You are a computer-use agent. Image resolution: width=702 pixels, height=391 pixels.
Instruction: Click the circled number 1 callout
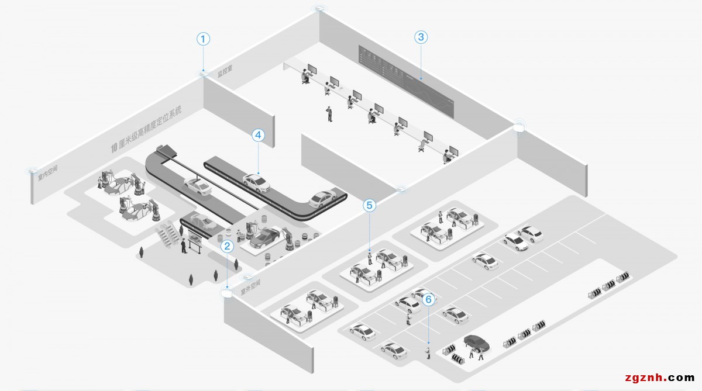203,39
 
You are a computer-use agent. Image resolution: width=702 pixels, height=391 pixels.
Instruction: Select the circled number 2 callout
228,247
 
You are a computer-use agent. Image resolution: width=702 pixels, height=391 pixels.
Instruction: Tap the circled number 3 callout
421,37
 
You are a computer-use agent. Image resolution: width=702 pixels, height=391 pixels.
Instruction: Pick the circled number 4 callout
258,135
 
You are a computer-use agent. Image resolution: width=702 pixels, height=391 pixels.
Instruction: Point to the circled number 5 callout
369,205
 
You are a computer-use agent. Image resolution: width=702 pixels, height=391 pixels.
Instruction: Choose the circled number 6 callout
428,299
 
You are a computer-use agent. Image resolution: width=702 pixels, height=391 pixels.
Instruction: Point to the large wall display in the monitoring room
407,81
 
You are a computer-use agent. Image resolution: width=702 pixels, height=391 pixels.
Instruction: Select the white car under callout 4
256,183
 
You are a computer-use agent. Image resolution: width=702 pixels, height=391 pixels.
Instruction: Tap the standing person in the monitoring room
329,113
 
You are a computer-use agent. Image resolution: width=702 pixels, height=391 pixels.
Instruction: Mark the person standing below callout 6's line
428,353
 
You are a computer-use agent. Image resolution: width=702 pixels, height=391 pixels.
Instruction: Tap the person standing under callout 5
370,257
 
